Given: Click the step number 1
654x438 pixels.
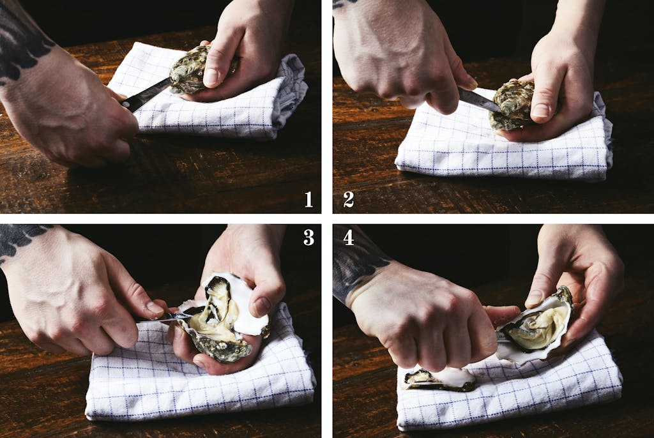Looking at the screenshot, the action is click(x=308, y=199).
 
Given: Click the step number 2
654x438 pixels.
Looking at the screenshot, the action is click(x=349, y=199).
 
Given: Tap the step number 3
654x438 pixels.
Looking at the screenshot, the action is click(x=308, y=238).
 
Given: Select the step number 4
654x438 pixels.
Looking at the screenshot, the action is click(x=349, y=238).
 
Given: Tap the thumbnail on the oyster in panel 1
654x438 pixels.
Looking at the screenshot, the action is click(x=211, y=77).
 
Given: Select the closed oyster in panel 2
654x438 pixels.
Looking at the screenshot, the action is click(x=512, y=104).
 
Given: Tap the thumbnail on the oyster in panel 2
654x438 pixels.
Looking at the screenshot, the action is click(x=540, y=110).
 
